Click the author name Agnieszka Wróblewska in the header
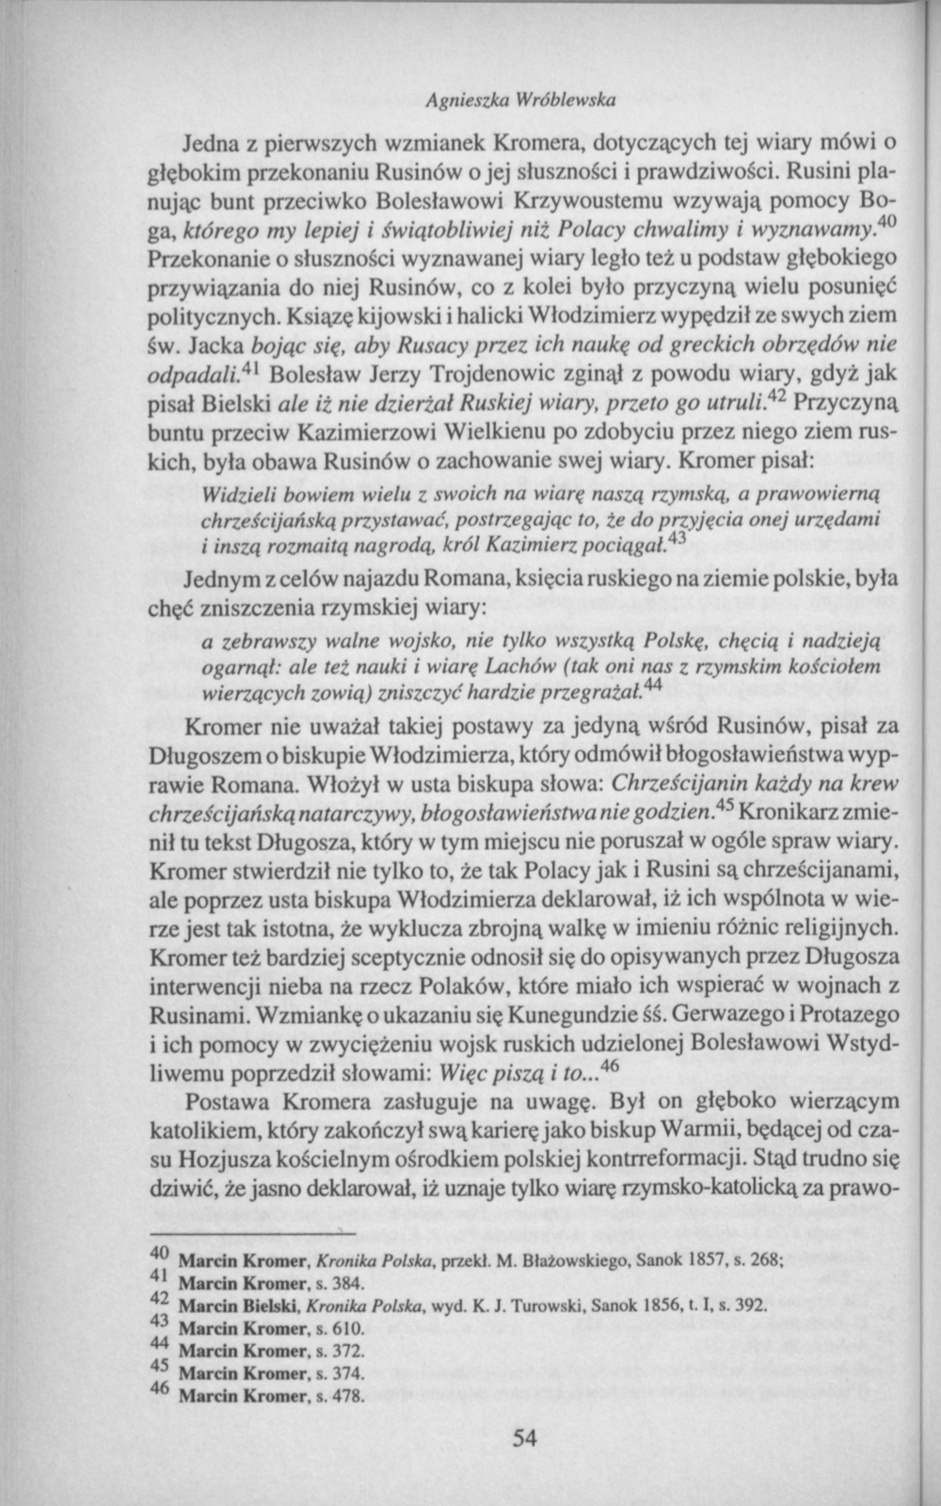point(520,97)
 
